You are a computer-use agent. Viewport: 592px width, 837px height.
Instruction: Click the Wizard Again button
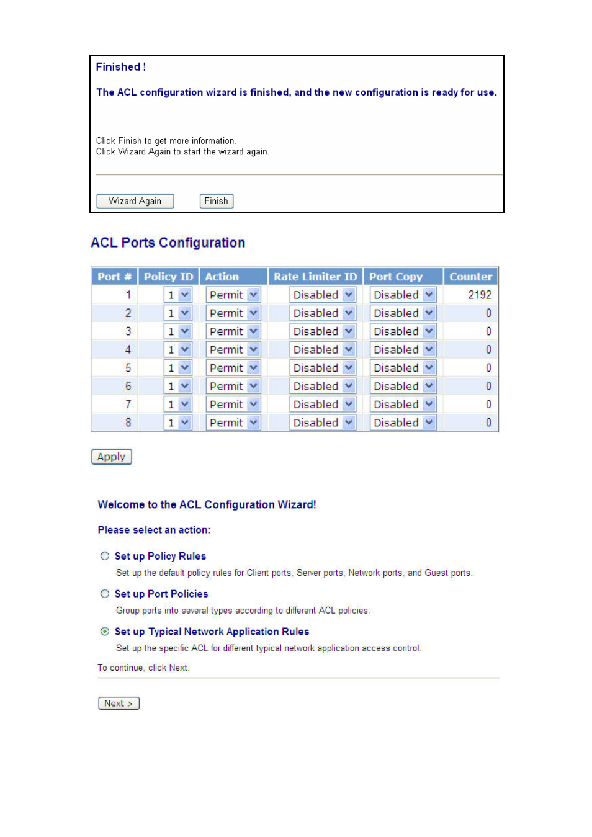pyautogui.click(x=135, y=201)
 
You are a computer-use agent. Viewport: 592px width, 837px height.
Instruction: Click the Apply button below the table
pyautogui.click(x=111, y=457)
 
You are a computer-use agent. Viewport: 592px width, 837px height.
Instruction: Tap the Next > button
pyautogui.click(x=119, y=703)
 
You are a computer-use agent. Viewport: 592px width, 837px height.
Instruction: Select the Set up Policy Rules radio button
pyautogui.click(x=105, y=556)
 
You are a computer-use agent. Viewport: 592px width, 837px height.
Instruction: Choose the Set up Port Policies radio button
pyautogui.click(x=105, y=594)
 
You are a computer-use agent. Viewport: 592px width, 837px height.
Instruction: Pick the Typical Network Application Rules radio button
pyautogui.click(x=105, y=631)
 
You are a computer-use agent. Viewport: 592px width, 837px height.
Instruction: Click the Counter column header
pyautogui.click(x=470, y=277)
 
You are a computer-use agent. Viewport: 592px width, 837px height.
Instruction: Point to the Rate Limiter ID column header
pyautogui.click(x=315, y=277)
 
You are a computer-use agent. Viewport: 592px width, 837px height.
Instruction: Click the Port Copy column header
pyautogui.click(x=396, y=277)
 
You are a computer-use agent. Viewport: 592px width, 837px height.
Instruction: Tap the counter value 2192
pyautogui.click(x=479, y=295)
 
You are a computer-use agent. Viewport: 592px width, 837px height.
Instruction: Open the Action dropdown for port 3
pyautogui.click(x=233, y=331)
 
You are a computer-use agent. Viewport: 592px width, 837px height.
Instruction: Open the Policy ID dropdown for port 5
pyautogui.click(x=178, y=368)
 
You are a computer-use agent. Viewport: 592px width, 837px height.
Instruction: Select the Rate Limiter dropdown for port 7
pyautogui.click(x=323, y=405)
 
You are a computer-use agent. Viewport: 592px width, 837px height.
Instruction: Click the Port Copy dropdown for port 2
pyautogui.click(x=403, y=313)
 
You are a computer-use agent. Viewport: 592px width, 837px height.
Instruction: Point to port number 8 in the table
pyautogui.click(x=128, y=423)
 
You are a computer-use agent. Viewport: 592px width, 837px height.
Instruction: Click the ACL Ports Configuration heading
pyautogui.click(x=168, y=243)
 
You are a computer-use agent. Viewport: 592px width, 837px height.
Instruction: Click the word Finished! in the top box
pyautogui.click(x=120, y=67)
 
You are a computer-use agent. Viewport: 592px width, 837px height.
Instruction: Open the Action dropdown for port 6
pyautogui.click(x=233, y=386)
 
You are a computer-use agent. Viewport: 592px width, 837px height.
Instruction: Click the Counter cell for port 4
pyautogui.click(x=488, y=349)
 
